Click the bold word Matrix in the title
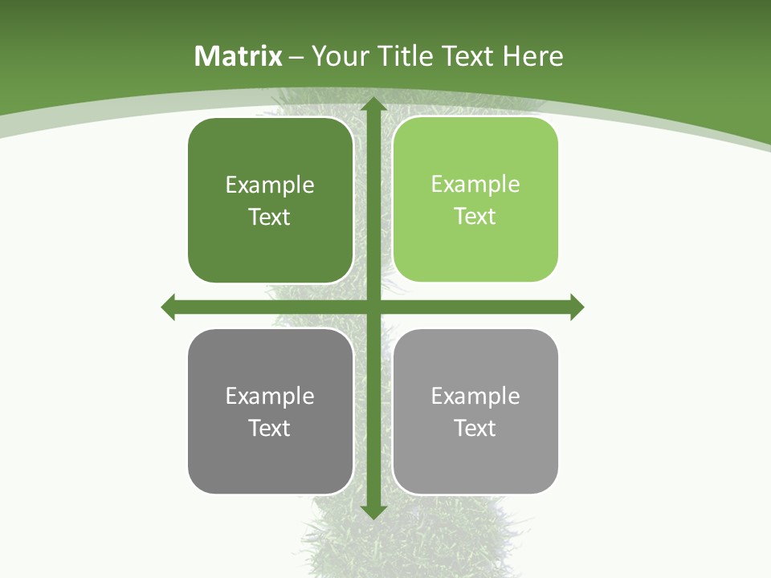pyautogui.click(x=239, y=56)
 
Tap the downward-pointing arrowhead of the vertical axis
pyautogui.click(x=373, y=511)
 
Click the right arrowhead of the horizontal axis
pyautogui.click(x=577, y=307)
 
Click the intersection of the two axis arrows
pyautogui.click(x=373, y=307)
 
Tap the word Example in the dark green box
pyautogui.click(x=270, y=185)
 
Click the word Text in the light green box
pyautogui.click(x=475, y=216)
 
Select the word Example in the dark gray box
pyautogui.click(x=270, y=397)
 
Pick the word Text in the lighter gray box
pyautogui.click(x=475, y=428)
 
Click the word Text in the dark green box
pyautogui.click(x=269, y=217)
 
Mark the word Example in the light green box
pyautogui.click(x=475, y=185)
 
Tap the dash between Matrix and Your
pyautogui.click(x=296, y=57)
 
